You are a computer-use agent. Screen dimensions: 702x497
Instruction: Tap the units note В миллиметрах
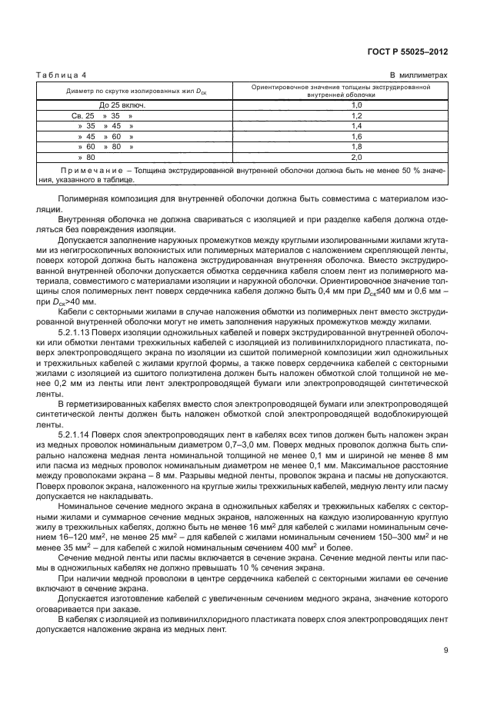(419, 75)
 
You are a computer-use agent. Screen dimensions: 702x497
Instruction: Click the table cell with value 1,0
(356, 104)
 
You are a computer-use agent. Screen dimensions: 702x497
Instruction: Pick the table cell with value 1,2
(356, 114)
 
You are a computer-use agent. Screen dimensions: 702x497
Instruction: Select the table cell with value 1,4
(356, 125)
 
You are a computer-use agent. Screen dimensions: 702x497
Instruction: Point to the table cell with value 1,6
(356, 135)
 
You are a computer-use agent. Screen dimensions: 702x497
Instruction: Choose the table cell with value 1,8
(356, 145)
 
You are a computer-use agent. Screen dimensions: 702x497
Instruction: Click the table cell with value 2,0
(356, 155)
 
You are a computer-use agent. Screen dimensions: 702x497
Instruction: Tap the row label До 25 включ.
(117, 104)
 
